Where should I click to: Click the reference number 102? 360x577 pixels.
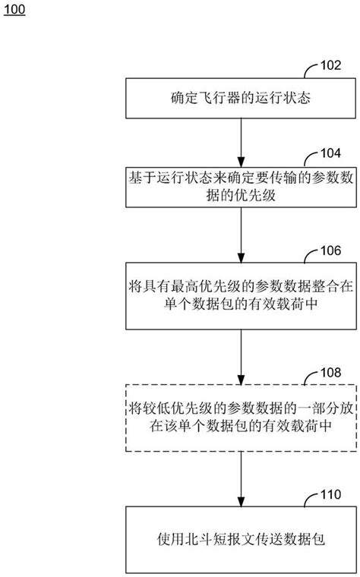pos(331,67)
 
